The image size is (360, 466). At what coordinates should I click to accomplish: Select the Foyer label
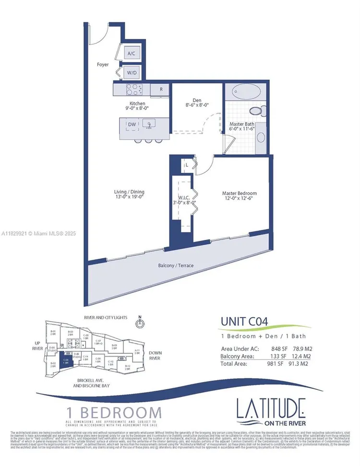(103, 64)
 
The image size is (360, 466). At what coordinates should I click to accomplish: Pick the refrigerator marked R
(160, 89)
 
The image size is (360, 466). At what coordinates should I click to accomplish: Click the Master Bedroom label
(239, 193)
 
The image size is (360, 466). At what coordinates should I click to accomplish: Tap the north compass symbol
(140, 323)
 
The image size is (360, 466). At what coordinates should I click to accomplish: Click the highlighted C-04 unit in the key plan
(67, 359)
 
